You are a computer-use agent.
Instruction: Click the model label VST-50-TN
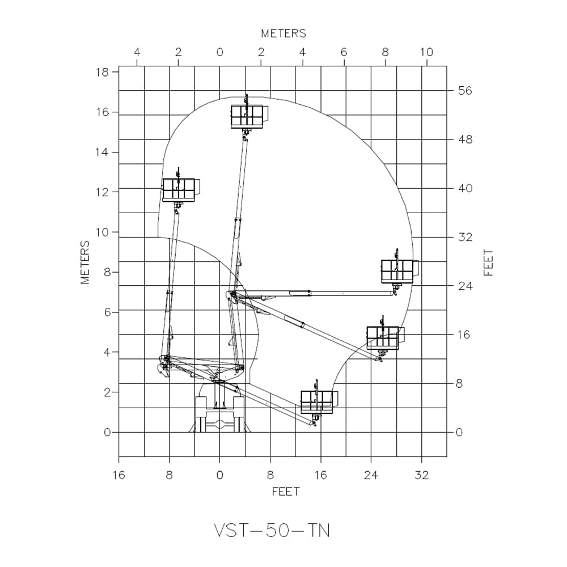272,530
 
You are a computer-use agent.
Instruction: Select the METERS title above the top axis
283,33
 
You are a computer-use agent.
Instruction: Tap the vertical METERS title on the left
86,262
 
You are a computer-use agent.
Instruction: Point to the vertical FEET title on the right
489,262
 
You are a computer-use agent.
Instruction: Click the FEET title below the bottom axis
285,491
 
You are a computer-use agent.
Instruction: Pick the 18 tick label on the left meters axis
103,72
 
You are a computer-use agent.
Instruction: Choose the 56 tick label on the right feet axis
465,91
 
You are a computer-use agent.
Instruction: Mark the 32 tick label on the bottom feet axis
421,475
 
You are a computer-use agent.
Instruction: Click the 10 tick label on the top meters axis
426,52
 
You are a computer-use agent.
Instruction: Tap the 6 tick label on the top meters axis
344,52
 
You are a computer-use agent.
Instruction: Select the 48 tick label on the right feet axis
465,139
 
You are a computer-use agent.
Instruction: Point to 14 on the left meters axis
103,152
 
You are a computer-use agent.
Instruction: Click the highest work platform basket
247,116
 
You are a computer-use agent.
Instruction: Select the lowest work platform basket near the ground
317,401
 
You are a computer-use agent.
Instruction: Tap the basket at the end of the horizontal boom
397,271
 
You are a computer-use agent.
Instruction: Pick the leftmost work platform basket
179,189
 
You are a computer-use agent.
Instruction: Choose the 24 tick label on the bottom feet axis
371,475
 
